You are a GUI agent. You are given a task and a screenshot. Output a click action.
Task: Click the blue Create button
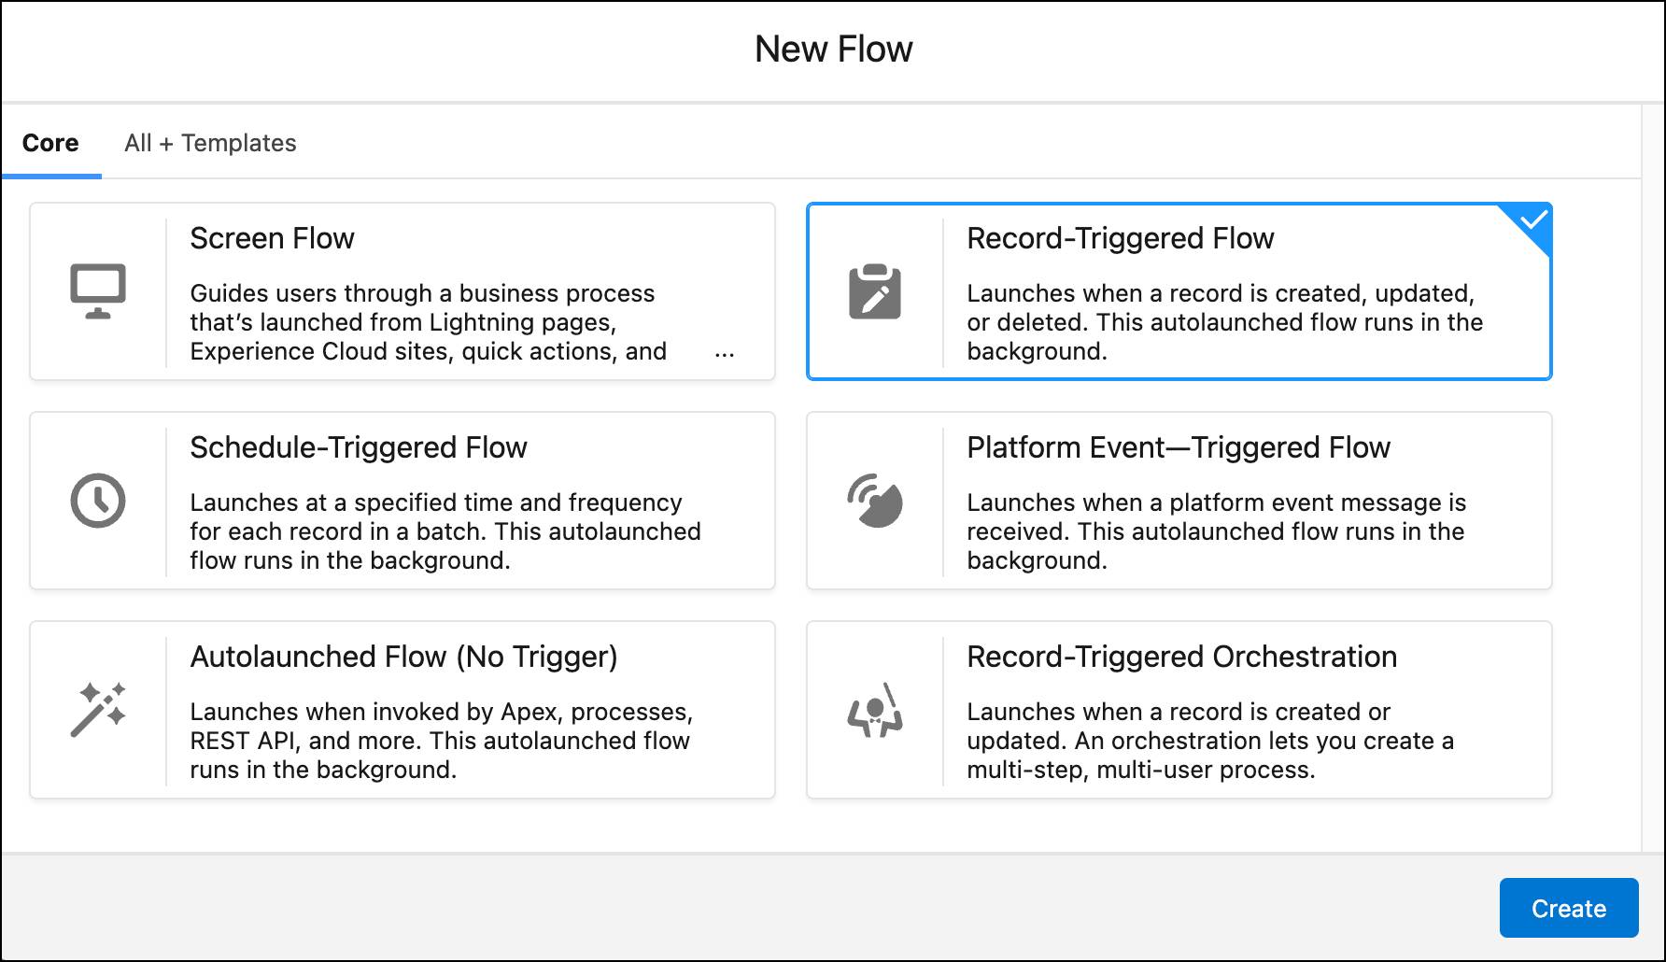(1568, 908)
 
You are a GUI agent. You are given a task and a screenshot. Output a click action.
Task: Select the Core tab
(50, 143)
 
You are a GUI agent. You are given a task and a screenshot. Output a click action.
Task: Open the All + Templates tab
(210, 143)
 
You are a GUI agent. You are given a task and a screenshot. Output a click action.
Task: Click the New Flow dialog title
(833, 50)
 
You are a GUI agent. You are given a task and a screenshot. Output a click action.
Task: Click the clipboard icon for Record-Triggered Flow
(875, 292)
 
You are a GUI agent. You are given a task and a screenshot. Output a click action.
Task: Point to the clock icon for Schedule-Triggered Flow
(98, 501)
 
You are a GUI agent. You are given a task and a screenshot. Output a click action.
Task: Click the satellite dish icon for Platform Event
(875, 502)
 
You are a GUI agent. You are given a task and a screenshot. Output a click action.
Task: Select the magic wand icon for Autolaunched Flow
(98, 710)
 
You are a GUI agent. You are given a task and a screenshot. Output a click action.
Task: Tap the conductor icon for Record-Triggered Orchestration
(875, 711)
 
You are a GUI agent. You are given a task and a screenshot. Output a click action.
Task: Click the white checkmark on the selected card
(1533, 220)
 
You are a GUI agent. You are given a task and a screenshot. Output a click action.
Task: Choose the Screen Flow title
(272, 238)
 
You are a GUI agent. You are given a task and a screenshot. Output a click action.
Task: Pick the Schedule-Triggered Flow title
(359, 447)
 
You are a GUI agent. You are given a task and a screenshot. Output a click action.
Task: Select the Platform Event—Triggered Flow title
(1179, 447)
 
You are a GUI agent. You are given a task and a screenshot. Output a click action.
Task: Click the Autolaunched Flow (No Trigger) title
(403, 657)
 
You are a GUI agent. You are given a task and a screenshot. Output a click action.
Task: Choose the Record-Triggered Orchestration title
(1181, 657)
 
